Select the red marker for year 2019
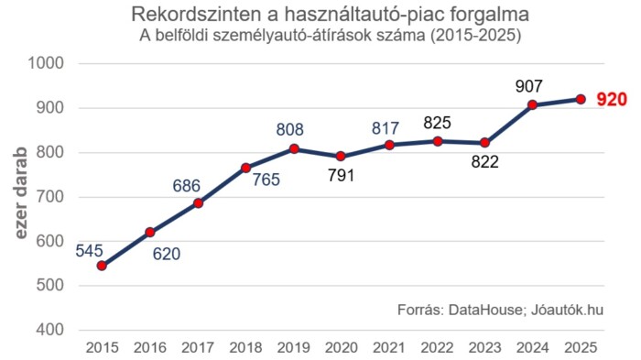point(294,148)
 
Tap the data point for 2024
point(532,105)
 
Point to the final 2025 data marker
point(580,99)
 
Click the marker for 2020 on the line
point(342,157)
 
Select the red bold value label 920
point(611,100)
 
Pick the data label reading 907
point(529,85)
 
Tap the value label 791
point(342,178)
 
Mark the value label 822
point(484,164)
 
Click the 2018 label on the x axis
point(245,348)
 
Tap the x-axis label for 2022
point(437,348)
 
